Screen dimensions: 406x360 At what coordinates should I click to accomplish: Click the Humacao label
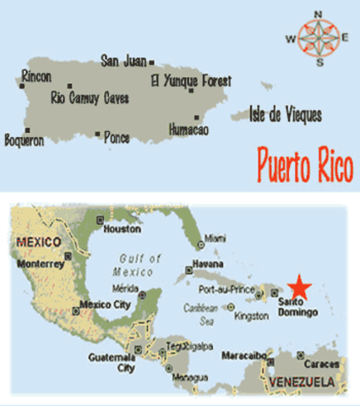coord(188,129)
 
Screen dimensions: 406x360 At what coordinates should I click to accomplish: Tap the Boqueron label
coord(24,140)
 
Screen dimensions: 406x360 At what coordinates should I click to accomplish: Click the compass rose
coord(319,38)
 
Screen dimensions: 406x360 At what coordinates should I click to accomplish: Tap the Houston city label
coord(120,230)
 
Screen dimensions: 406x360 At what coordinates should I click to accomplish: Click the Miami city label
coord(215,239)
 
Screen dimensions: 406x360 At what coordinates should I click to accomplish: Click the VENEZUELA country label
coord(302,382)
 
